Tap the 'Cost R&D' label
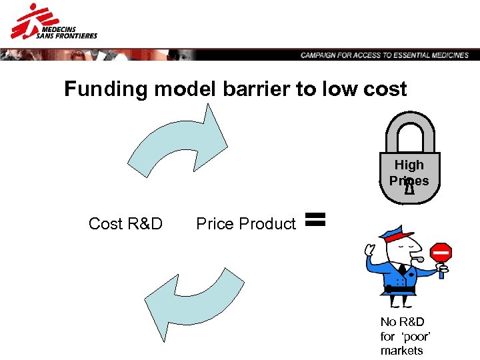pos(125,224)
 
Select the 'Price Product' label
pos(245,224)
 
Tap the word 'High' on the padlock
pos(409,165)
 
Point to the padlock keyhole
pos(409,189)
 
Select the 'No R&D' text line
pos(402,323)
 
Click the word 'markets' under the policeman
pos(401,351)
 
